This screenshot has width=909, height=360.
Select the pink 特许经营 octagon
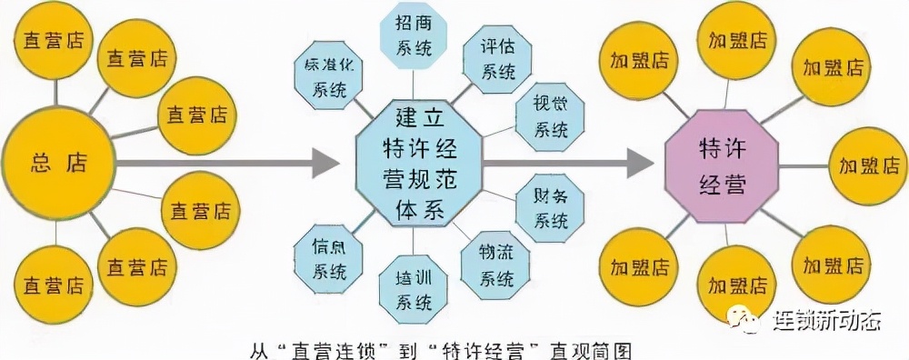click(723, 166)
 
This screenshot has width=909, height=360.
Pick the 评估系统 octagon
click(497, 58)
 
